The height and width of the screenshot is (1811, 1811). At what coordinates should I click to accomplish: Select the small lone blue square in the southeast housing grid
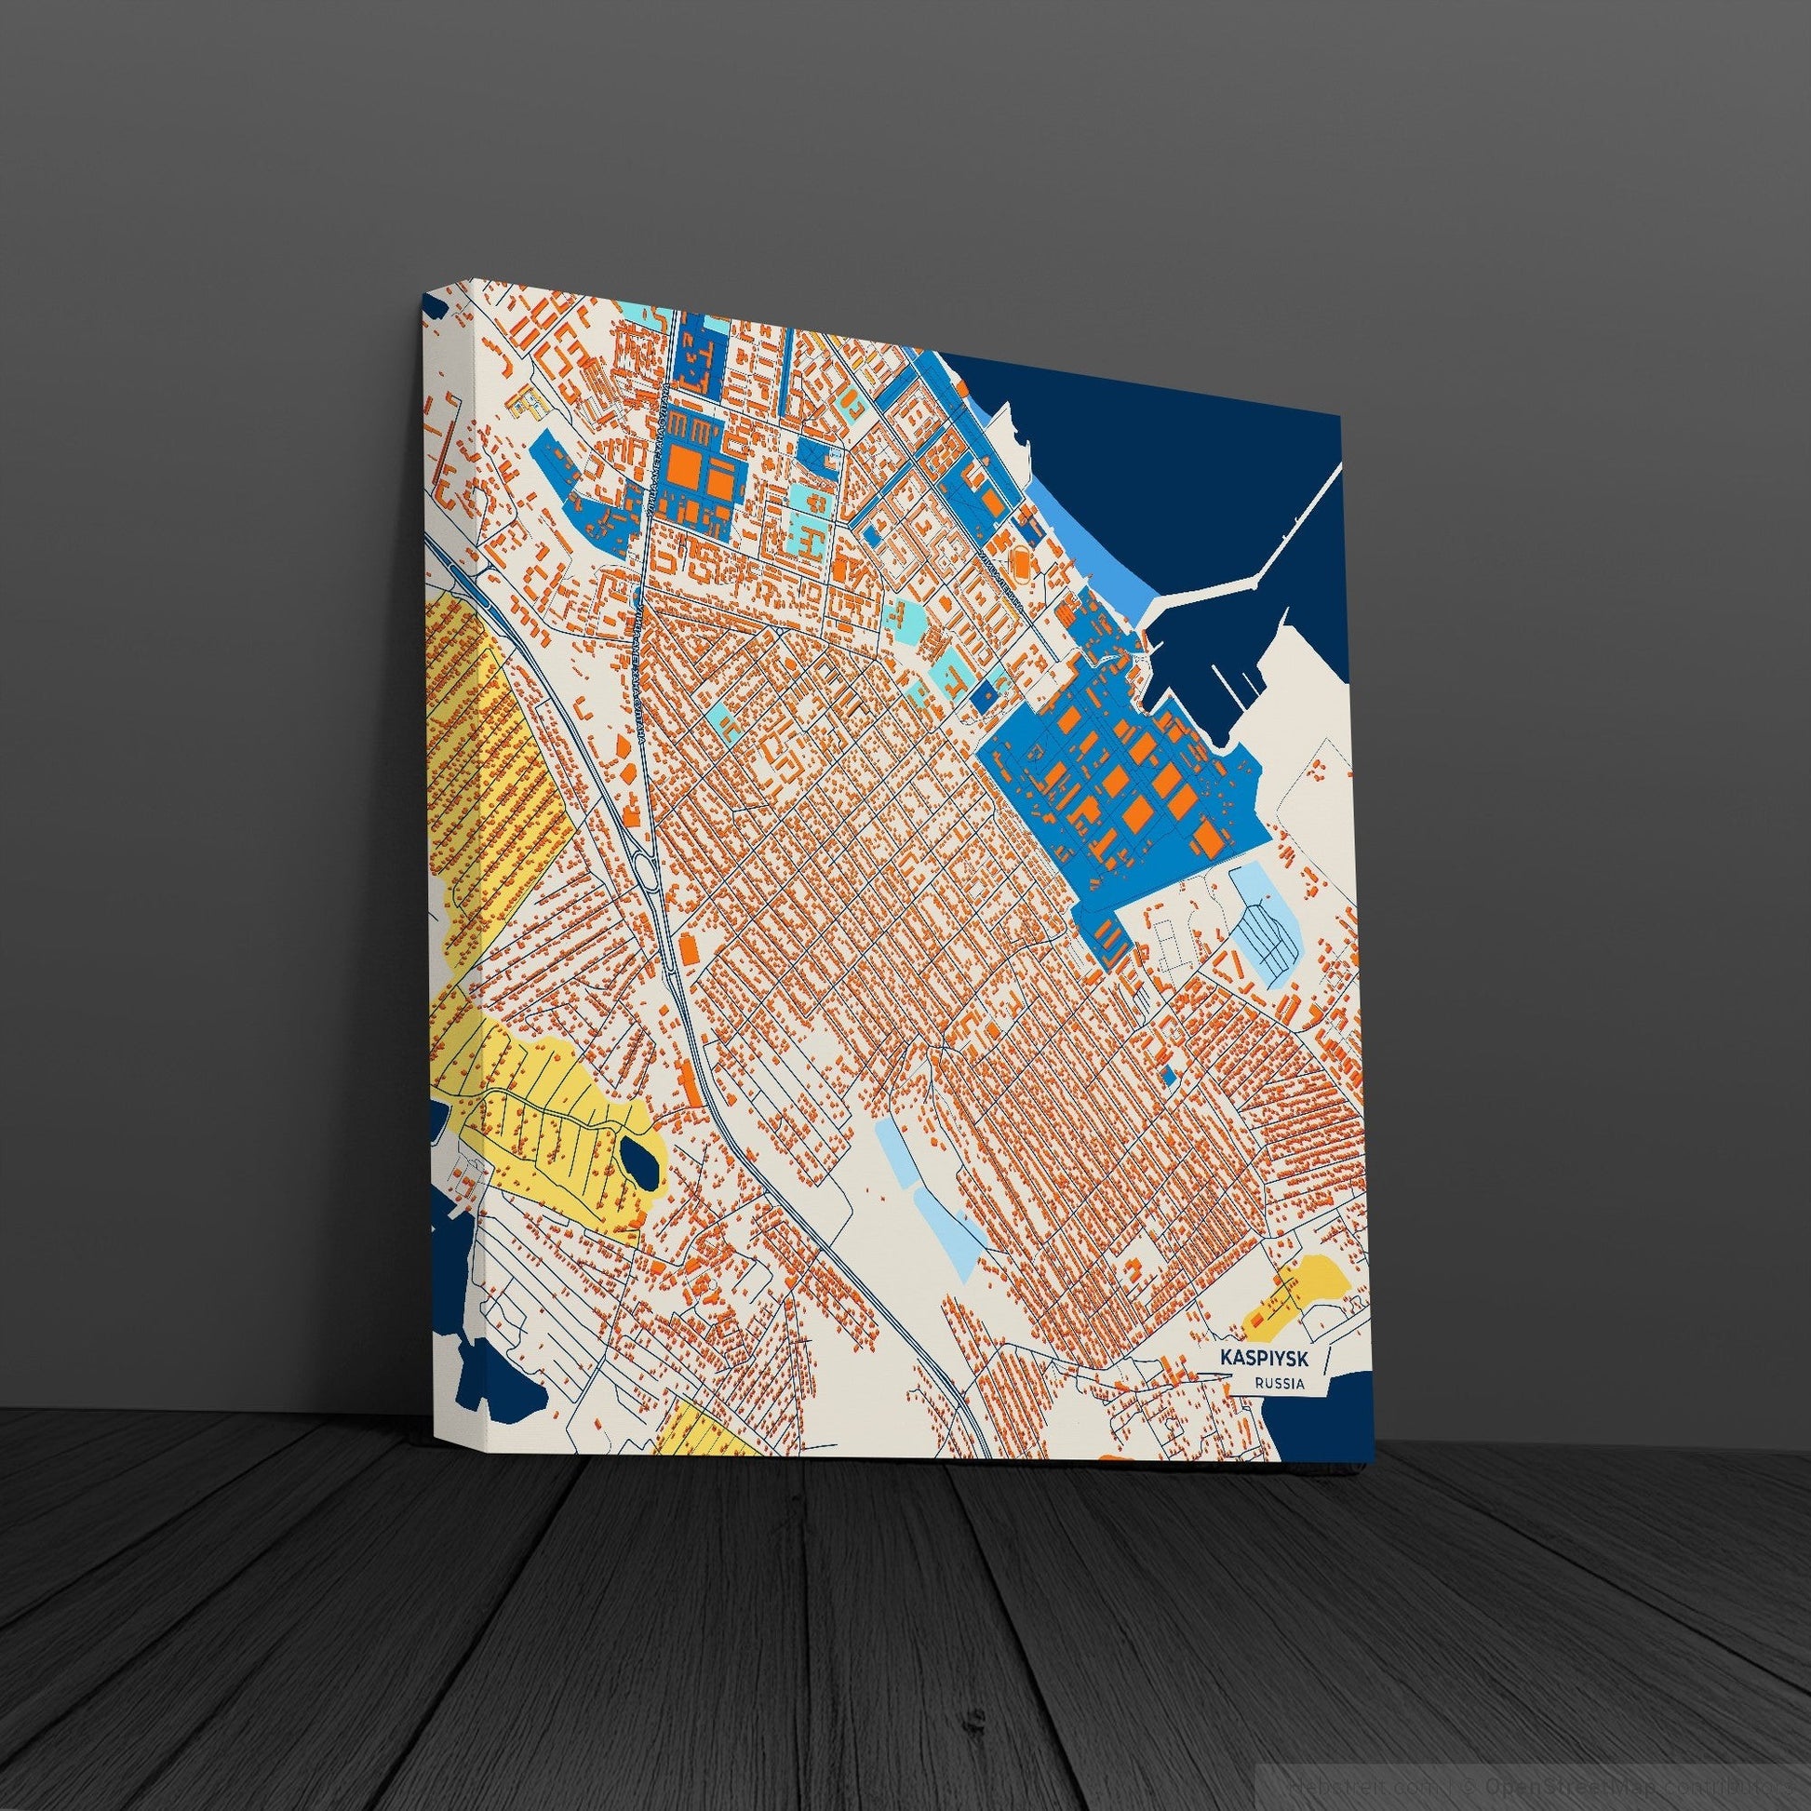1168,1076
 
